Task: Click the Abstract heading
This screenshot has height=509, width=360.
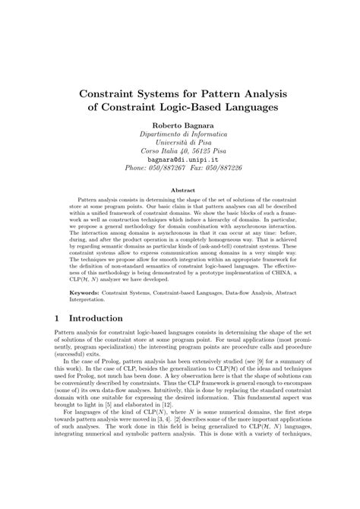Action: tap(180, 190)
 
